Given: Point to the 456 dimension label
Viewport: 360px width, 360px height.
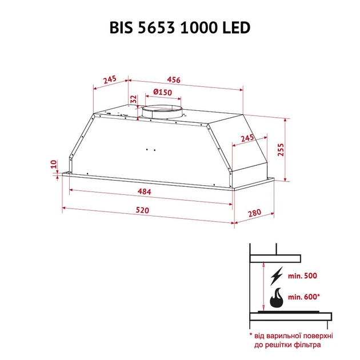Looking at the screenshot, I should click(x=173, y=80).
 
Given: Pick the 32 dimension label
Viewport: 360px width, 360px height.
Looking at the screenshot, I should click(x=133, y=99).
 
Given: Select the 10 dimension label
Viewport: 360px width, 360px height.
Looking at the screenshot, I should click(x=53, y=165).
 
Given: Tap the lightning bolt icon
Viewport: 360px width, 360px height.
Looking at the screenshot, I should click(x=276, y=276).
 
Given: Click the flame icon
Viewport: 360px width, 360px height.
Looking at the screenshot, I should click(x=276, y=298).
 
